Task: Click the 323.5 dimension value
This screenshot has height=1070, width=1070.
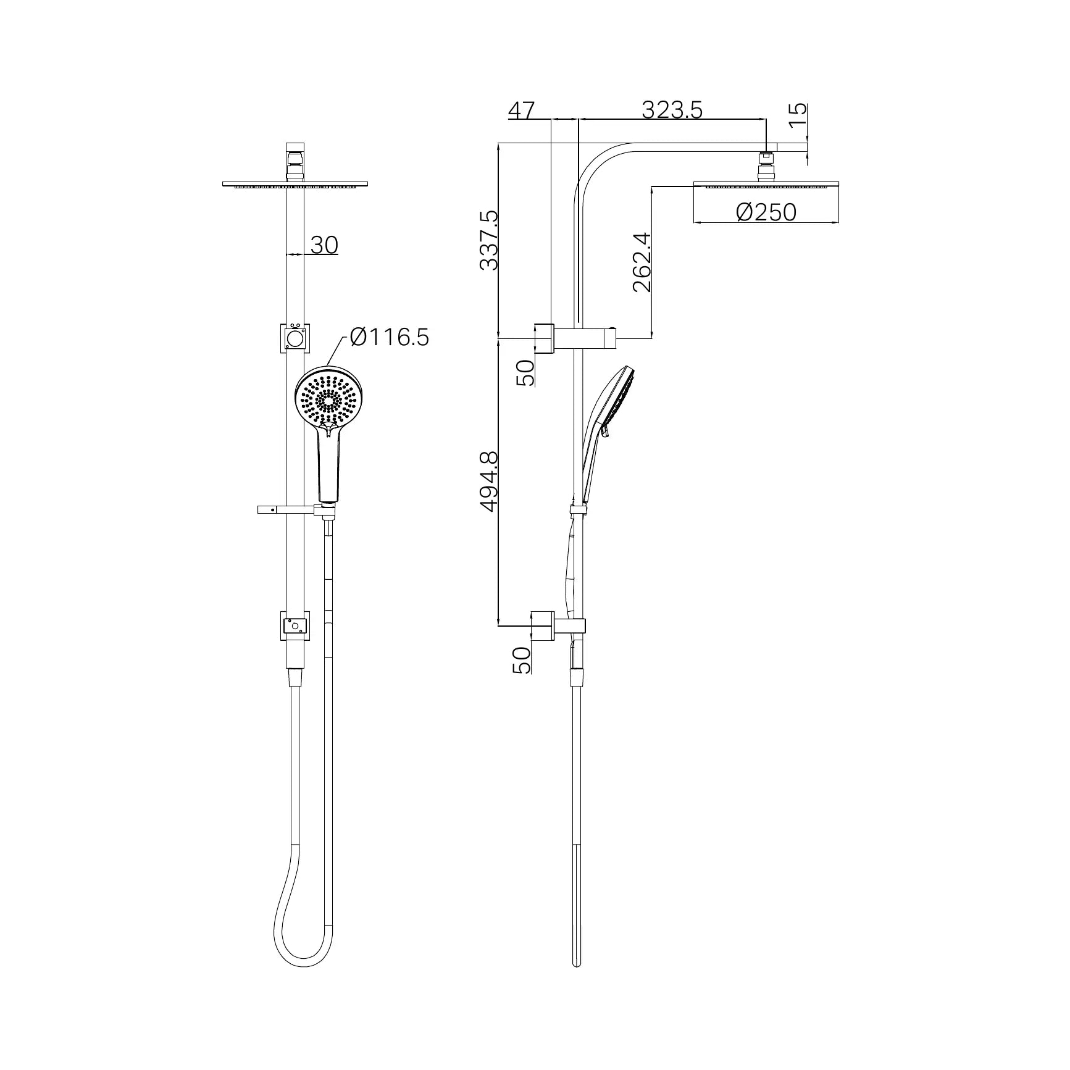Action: coord(672,110)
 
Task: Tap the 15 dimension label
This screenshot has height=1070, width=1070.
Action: coord(798,114)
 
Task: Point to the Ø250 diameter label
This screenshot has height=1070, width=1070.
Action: coord(766,212)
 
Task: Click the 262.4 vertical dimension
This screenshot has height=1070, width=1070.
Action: coord(642,262)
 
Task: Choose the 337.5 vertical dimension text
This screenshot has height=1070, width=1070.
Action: coord(489,240)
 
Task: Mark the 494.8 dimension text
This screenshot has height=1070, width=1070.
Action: coord(489,481)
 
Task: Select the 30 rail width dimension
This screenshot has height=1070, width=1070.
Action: coord(324,245)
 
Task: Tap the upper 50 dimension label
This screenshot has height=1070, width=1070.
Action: coord(525,373)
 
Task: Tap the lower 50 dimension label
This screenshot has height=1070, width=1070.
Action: coord(522,660)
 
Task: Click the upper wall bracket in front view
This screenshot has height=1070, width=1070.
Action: coord(295,338)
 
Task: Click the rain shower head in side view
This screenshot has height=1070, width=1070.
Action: coord(766,185)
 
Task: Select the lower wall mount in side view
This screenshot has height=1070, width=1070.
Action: coord(543,626)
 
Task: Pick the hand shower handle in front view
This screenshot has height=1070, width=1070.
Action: coord(328,469)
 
